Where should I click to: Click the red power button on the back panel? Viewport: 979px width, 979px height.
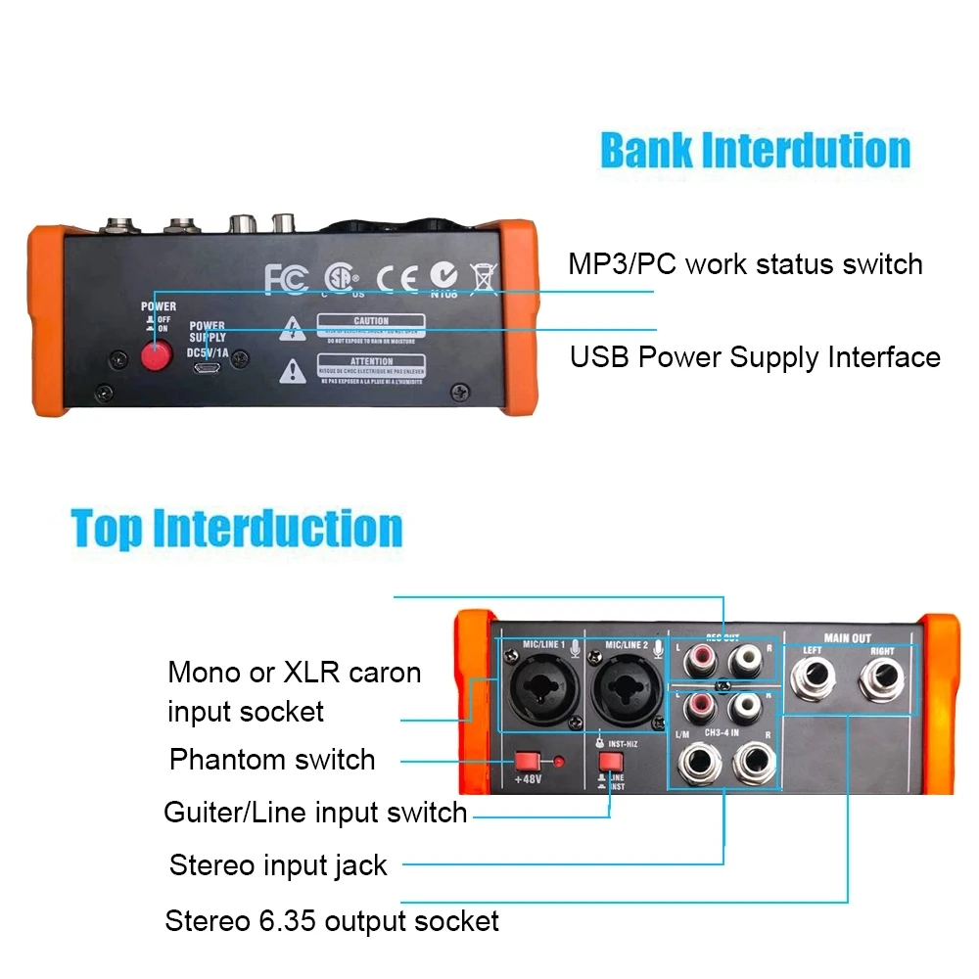pos(155,358)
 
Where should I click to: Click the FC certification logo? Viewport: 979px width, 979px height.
pos(287,278)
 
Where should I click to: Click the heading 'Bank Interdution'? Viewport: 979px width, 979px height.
pos(755,151)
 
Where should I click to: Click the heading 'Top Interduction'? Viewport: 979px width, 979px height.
pos(237,529)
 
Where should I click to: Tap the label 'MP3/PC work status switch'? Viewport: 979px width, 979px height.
pos(745,264)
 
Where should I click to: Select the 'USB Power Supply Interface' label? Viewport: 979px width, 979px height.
pos(755,357)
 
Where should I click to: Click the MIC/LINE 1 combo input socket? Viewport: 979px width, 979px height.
pos(539,691)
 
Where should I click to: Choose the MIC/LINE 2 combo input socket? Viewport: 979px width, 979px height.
pos(623,691)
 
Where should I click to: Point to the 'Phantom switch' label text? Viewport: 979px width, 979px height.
pos(272,760)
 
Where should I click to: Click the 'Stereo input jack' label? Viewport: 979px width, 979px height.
pos(278,865)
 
